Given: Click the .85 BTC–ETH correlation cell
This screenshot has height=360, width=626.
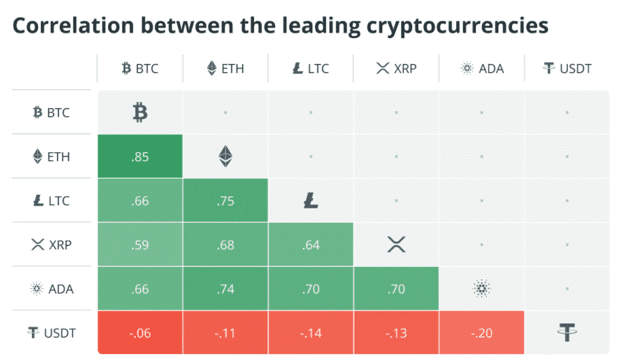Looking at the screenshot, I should coord(140,157).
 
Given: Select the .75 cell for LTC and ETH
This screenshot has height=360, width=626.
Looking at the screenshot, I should coord(225,201).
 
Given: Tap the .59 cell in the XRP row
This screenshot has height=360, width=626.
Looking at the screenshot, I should coord(140,245).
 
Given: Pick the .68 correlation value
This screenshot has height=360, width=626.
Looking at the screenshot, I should coord(225,245).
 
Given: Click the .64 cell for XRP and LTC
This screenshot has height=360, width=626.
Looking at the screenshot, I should coord(311,245).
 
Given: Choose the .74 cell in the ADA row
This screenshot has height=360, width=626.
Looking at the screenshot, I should coord(225,289).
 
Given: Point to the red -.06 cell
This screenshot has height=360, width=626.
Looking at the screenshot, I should coord(140,332).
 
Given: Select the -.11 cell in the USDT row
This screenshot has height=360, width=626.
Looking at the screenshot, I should coord(225,332).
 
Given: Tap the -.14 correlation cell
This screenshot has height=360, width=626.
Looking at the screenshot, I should coord(311,332).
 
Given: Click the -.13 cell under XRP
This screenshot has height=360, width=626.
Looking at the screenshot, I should coord(396,332).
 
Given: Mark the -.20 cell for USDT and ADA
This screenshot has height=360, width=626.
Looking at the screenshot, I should coord(481,332).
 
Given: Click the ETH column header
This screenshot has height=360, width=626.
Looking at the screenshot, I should coord(225,69).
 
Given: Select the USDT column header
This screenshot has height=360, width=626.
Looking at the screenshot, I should coord(567,69).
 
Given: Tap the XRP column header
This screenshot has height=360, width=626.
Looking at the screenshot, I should coord(396,69).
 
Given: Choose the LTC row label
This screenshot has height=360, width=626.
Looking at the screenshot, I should coord(52,201).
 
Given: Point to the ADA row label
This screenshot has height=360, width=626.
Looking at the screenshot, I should coord(52,289).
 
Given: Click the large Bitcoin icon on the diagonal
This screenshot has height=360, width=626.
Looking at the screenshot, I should coord(140,113).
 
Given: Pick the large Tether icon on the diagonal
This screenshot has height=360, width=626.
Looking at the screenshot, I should coord(567,332).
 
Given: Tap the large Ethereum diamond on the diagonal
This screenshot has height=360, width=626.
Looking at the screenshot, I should coord(225,157).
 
